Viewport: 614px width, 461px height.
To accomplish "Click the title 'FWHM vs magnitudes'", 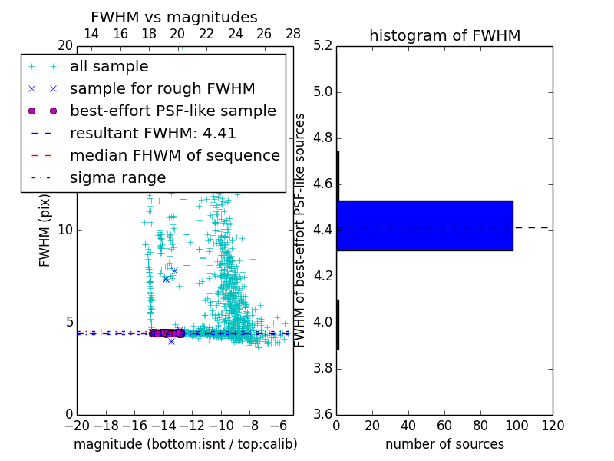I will [174, 17].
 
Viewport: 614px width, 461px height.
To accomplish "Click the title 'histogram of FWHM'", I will [444, 35].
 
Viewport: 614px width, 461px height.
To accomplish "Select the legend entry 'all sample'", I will [109, 67].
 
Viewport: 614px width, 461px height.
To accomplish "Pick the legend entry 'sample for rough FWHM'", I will [162, 88].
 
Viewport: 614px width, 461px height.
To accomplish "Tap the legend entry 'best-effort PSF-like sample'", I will [173, 111].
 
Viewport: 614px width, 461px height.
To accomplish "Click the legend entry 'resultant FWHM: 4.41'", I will [153, 133].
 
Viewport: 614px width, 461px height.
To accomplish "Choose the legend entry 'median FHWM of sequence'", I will [174, 155].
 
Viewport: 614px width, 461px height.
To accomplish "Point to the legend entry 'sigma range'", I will [117, 177].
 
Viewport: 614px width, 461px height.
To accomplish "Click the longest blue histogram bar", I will [424, 225].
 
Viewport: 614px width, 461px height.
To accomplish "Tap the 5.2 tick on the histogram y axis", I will [323, 46].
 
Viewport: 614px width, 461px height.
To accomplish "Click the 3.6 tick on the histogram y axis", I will [323, 414].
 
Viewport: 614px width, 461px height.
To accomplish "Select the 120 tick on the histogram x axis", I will [553, 426].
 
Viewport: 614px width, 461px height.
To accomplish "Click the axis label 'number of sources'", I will [444, 444].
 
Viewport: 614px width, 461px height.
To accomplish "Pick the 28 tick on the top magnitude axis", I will [293, 34].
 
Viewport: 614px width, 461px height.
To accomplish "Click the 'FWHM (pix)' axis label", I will [45, 230].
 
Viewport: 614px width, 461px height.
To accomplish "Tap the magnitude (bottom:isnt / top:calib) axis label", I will [185, 444].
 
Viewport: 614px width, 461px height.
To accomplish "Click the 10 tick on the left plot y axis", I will [64, 230].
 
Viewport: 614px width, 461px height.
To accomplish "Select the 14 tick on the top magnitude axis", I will [91, 34].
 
